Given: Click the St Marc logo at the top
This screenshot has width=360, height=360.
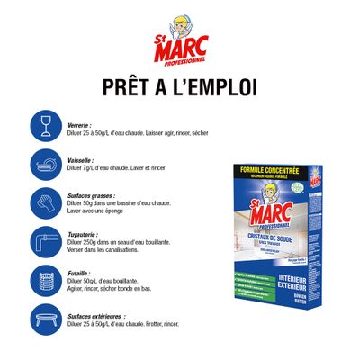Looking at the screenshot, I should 179,41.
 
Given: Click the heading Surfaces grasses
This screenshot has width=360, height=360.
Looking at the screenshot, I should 94,193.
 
